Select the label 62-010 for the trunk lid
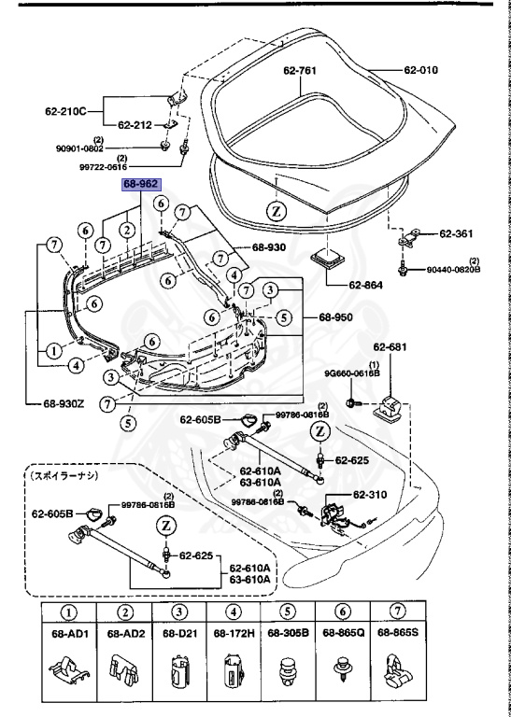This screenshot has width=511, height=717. tap(422, 70)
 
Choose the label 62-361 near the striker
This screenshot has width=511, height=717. tap(458, 233)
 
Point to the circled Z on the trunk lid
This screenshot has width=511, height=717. tap(277, 210)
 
